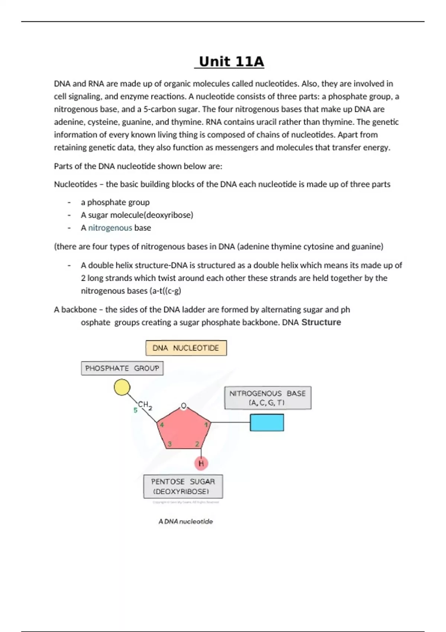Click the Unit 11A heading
[x=231, y=62]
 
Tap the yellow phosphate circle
[x=122, y=387]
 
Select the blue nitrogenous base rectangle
[x=267, y=423]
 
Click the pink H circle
[x=201, y=463]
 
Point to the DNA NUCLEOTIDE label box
[x=186, y=348]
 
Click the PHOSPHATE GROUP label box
[x=122, y=368]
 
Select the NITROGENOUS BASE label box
[x=268, y=398]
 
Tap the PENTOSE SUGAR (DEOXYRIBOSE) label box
[x=183, y=486]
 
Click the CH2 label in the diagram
[x=144, y=404]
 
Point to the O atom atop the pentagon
[x=183, y=406]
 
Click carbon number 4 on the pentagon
[x=162, y=425]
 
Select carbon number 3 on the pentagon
[x=169, y=444]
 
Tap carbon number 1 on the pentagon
[x=206, y=425]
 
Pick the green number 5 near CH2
[x=135, y=410]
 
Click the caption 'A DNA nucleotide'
[x=185, y=521]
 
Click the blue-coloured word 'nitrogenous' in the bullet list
[x=110, y=228]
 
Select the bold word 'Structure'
[x=321, y=322]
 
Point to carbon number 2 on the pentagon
[x=197, y=444]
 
